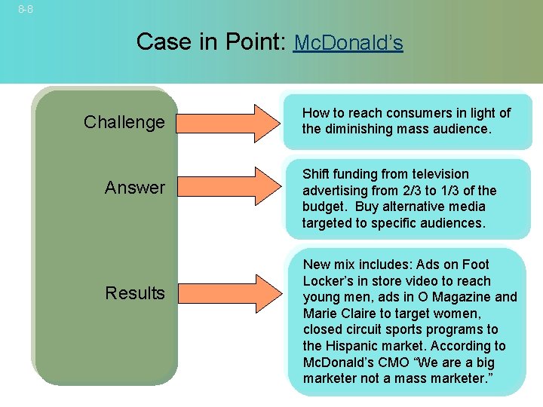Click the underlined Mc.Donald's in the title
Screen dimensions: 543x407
click(348, 43)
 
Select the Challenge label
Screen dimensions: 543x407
click(124, 122)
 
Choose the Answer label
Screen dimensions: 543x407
click(134, 187)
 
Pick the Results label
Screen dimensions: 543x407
click(135, 293)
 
